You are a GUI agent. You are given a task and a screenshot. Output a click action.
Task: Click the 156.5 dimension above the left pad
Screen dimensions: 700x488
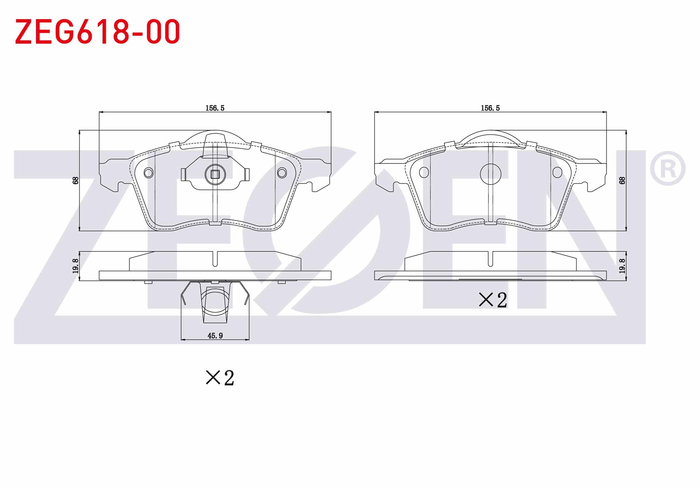[x=215, y=108]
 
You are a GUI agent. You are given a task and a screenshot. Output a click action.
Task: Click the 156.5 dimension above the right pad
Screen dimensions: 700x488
[x=490, y=108]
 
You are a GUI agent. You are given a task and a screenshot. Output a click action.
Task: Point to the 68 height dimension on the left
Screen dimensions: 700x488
[x=75, y=180]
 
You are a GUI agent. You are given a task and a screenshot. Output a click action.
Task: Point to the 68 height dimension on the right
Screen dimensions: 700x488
[x=622, y=180]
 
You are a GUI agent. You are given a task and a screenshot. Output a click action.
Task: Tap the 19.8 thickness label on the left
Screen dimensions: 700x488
[x=75, y=266]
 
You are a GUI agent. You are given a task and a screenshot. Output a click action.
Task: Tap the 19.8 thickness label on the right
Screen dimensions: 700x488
[x=622, y=266]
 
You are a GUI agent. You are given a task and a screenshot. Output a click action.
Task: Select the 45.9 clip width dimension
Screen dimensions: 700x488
[x=215, y=336]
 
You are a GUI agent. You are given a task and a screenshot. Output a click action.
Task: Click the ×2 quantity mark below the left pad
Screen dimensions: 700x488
[x=220, y=377]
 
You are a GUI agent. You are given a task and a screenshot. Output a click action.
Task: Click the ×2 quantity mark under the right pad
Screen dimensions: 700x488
[x=493, y=300]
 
